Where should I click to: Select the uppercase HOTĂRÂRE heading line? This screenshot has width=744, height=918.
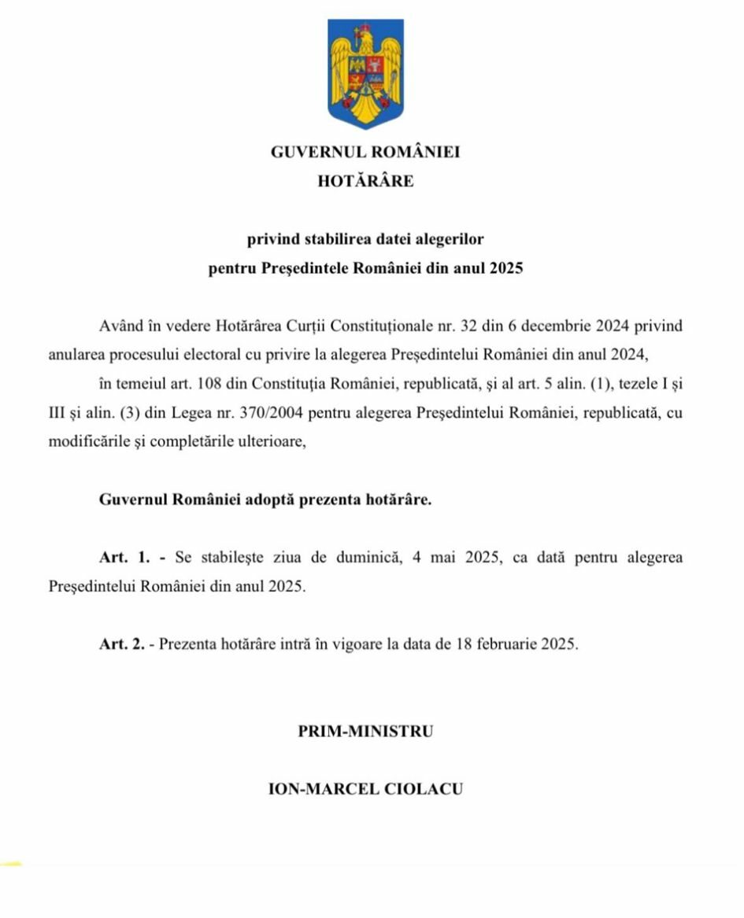point(365,181)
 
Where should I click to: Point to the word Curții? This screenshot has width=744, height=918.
point(359,326)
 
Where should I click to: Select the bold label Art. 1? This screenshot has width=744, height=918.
point(124,558)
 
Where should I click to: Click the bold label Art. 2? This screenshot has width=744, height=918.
point(122,644)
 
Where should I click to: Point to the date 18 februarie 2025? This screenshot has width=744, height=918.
point(515,644)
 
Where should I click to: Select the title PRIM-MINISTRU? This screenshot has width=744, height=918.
point(365,731)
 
